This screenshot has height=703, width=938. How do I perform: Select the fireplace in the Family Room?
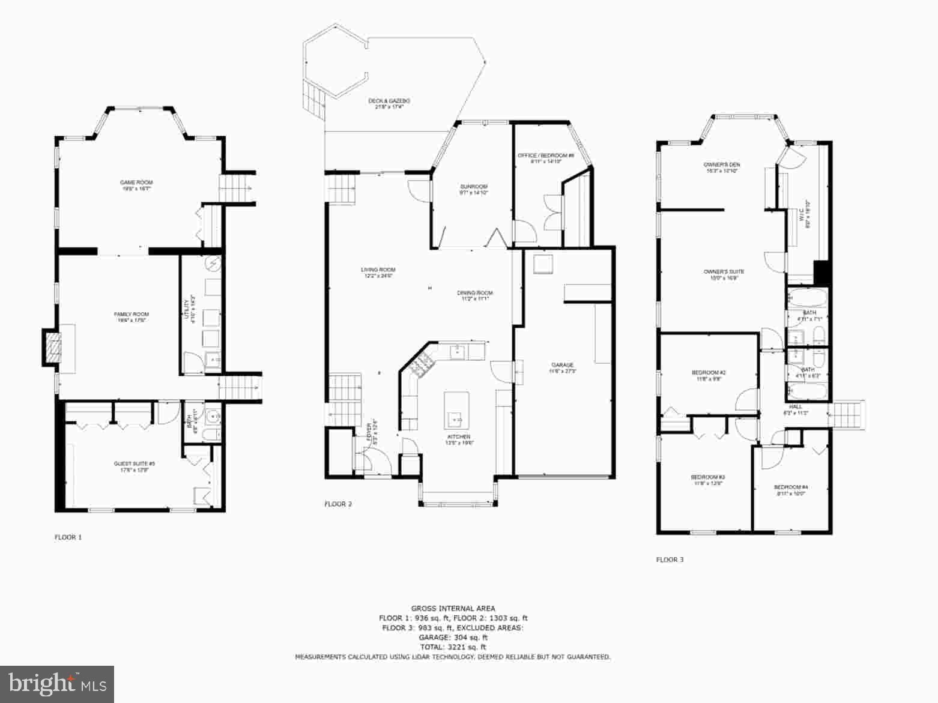pos(53,347)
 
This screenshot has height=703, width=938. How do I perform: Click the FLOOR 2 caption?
pos(338,504)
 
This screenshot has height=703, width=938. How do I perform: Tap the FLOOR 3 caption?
pos(670,560)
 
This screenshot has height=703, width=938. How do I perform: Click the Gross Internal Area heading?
pos(453,608)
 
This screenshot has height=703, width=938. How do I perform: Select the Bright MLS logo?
pos(57,684)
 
